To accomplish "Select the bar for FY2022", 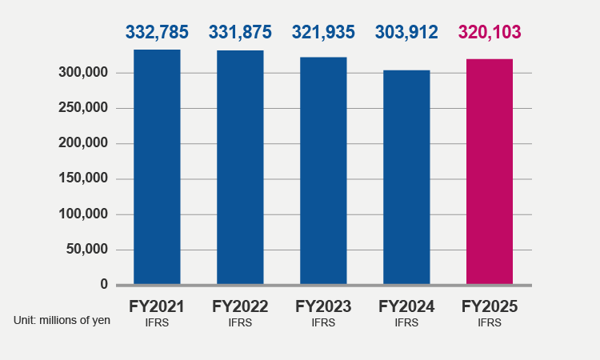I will tap(240, 167).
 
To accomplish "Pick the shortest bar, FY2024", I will tap(406, 177).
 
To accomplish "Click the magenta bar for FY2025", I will tap(490, 171).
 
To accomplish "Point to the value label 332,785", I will tap(157, 33).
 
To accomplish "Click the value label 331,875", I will tap(240, 33).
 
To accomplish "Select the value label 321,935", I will tap(323, 33).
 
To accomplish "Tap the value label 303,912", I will tap(406, 33).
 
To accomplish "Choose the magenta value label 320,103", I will tap(490, 33).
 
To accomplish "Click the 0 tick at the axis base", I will tap(103, 284).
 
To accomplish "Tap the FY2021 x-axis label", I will tap(157, 306).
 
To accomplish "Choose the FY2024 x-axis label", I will tap(406, 306).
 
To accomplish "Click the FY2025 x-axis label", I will tap(490, 306).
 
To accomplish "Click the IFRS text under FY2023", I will tap(323, 323).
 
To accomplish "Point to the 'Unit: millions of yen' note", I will tap(62, 320).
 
